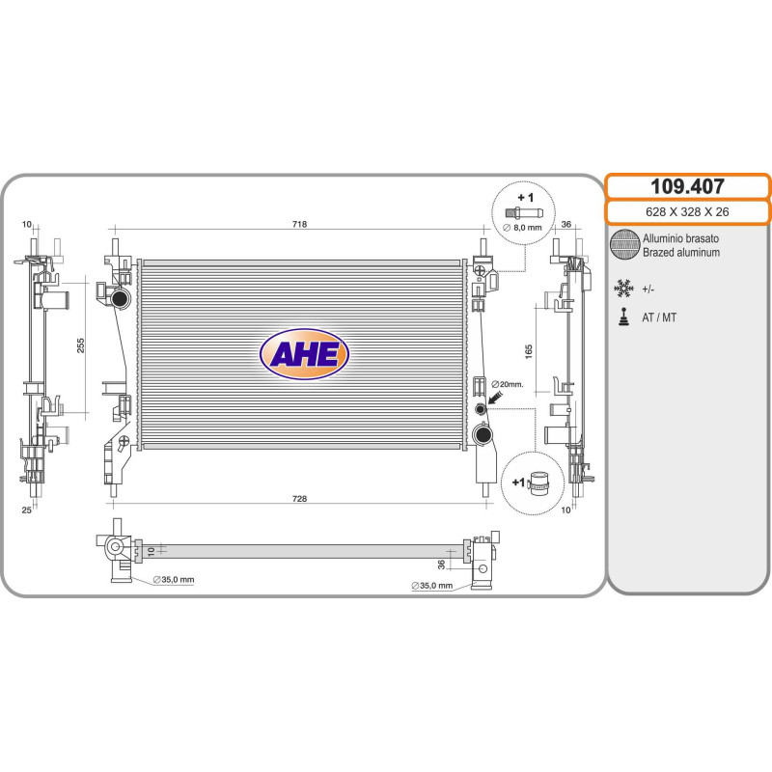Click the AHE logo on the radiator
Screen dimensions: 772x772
pos(304,353)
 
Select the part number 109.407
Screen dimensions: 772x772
pos(687,186)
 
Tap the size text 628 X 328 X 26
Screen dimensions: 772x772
pos(687,211)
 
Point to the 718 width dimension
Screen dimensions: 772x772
pos(299,224)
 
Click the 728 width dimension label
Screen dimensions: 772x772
pos(299,499)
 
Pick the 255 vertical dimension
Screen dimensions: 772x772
pos(81,345)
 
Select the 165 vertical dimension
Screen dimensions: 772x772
pos(529,351)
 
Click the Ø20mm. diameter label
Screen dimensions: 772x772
pos(508,384)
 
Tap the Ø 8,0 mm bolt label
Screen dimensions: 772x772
pos(522,228)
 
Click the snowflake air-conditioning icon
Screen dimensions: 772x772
pos(623,289)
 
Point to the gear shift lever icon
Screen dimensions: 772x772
pos(623,317)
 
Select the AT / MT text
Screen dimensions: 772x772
pos(659,317)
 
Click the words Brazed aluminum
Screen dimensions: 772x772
pos(681,253)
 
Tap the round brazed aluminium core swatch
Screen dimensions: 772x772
pos(623,244)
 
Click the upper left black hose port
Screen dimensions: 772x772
pos(121,298)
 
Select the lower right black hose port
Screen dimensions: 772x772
pos(482,434)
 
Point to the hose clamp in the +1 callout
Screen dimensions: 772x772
pos(538,482)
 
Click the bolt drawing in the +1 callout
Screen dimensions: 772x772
pos(524,213)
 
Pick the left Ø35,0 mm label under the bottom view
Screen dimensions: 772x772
pos(174,580)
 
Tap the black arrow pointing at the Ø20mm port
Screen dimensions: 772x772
pos(494,398)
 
